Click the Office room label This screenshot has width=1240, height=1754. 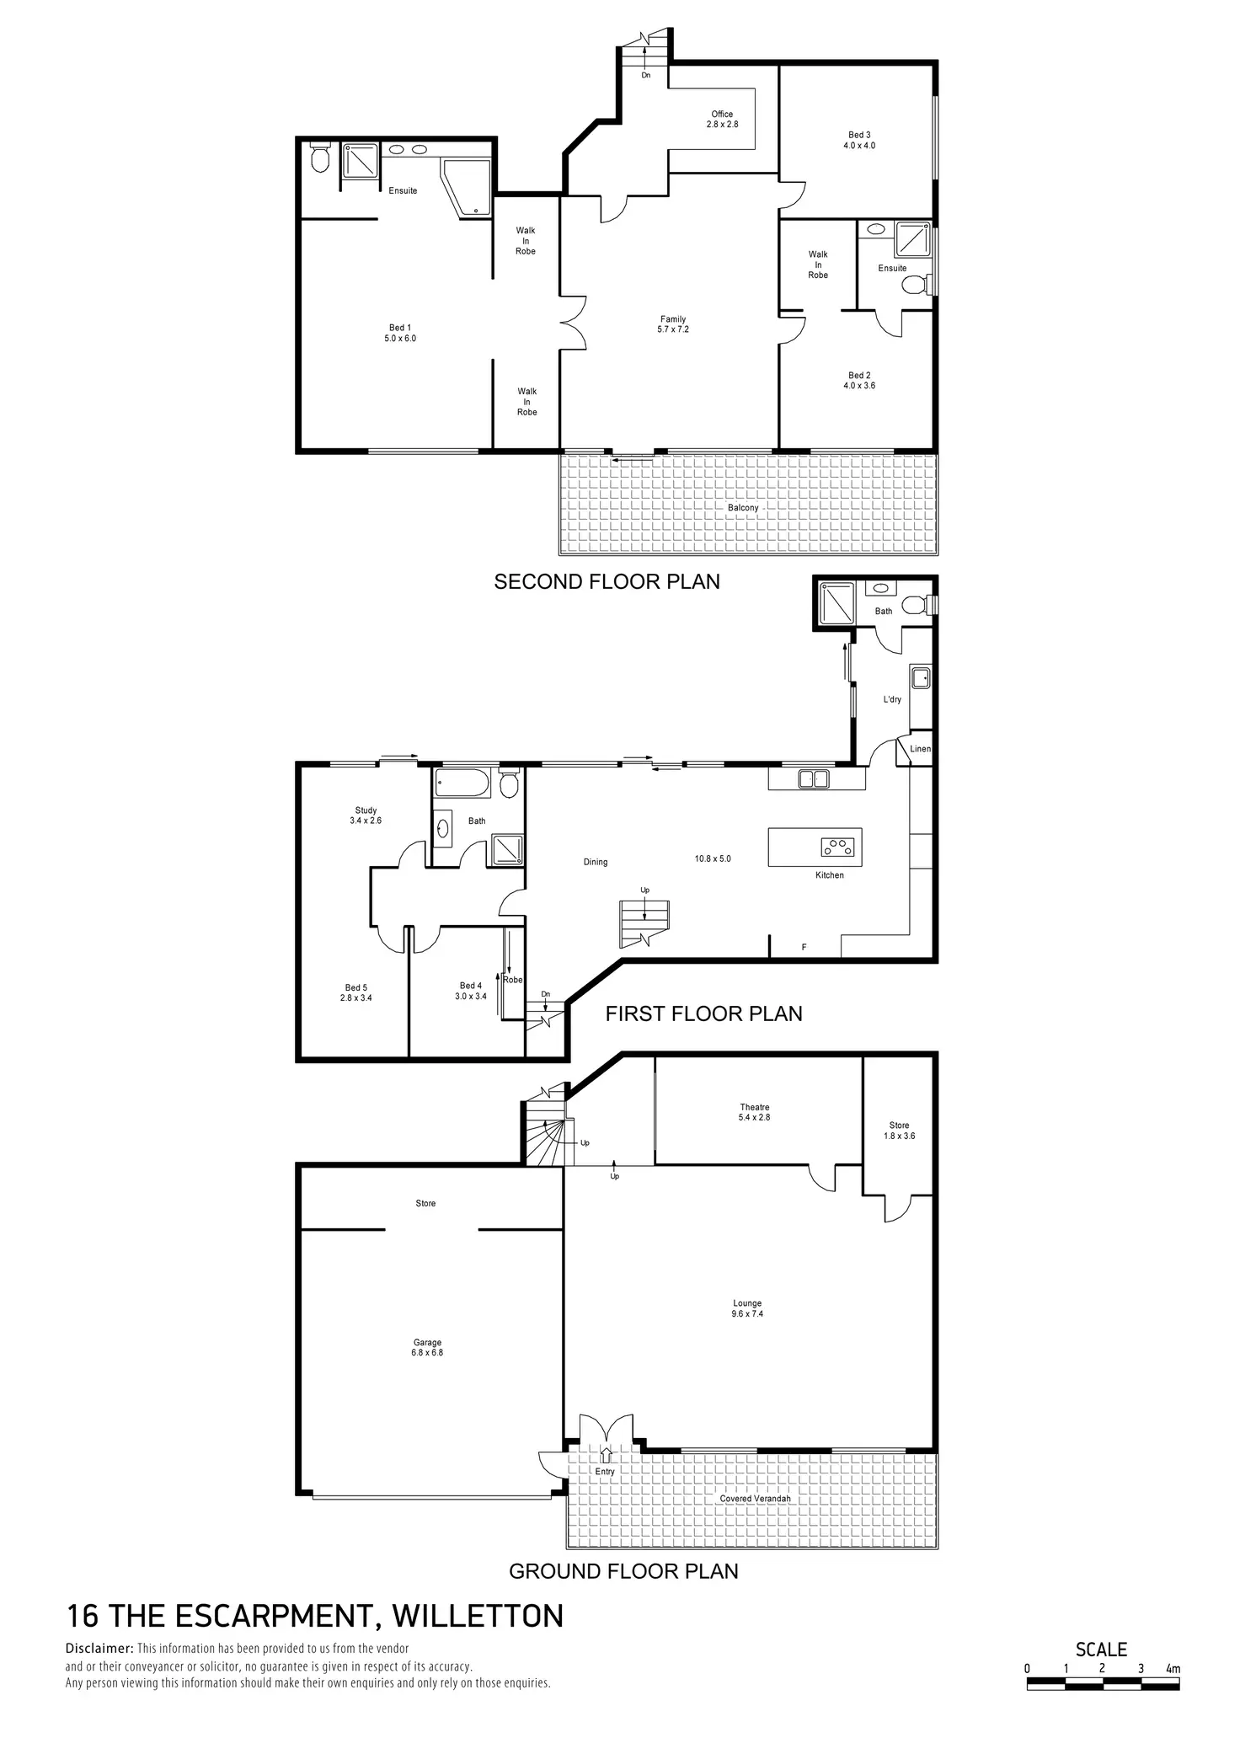[722, 119]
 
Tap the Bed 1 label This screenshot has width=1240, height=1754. [400, 333]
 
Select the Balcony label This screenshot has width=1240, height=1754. [743, 508]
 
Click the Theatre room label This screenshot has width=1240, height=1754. [755, 1112]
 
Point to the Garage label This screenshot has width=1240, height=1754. [427, 1347]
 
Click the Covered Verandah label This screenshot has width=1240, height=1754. [755, 1499]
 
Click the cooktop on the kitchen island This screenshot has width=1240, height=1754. [836, 846]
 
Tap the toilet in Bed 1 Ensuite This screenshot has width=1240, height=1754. [320, 158]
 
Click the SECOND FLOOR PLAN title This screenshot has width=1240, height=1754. [607, 582]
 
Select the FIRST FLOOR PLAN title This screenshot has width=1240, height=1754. [703, 1013]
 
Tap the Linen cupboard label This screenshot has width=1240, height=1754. [920, 749]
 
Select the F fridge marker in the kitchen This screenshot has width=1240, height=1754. [804, 948]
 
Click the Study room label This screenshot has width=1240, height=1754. [366, 816]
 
